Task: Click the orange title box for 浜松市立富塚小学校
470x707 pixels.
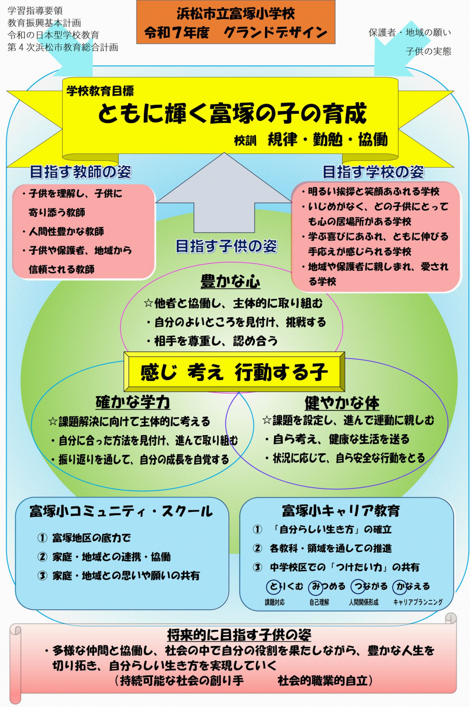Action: [x=236, y=22]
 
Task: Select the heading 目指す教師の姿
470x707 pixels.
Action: [x=80, y=172]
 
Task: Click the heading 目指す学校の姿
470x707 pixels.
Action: [x=373, y=172]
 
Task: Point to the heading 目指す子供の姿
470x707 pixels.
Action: [x=226, y=246]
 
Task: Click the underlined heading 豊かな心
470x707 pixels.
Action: [x=230, y=281]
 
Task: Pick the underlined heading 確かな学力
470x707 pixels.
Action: [x=133, y=402]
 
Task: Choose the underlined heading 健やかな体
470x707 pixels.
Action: [x=342, y=403]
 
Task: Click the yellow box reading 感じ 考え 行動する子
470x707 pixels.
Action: [x=234, y=372]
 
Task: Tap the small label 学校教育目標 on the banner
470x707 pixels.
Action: [x=100, y=91]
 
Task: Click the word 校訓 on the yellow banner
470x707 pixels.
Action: [x=245, y=141]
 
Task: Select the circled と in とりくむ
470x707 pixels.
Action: [x=274, y=587]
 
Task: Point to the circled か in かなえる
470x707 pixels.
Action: [x=400, y=587]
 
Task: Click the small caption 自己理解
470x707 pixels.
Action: [x=319, y=603]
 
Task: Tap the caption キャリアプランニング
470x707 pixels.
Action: [x=418, y=603]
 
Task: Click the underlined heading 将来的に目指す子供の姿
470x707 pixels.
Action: [x=239, y=635]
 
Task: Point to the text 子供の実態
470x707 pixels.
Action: [x=428, y=51]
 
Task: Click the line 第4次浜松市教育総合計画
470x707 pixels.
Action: [x=63, y=47]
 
